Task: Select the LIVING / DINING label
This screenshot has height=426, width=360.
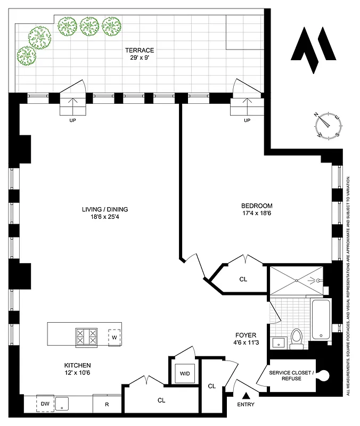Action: (105, 209)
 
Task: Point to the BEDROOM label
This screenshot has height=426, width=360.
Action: (257, 206)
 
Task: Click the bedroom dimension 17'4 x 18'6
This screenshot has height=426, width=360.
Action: (257, 214)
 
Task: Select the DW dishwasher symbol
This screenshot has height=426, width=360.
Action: (45, 404)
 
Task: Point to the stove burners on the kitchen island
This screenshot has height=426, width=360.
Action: (86, 336)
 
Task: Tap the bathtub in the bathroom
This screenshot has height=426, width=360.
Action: (321, 319)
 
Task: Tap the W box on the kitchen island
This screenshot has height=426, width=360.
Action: (114, 337)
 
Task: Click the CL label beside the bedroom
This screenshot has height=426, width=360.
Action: (243, 278)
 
